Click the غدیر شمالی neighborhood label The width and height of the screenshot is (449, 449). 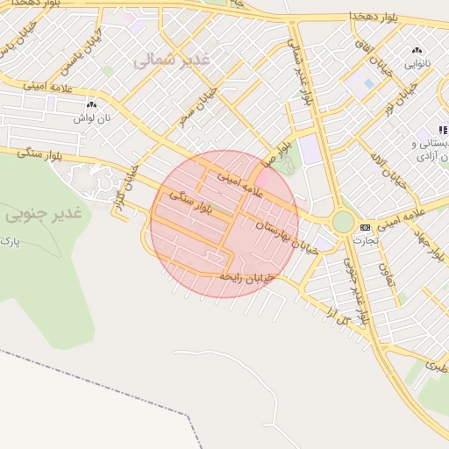pyautogui.click(x=172, y=60)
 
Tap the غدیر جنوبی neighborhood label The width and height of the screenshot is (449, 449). pyautogui.click(x=42, y=213)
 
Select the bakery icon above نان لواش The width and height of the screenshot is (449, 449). pyautogui.click(x=91, y=104)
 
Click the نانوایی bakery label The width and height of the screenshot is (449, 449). pyautogui.click(x=415, y=63)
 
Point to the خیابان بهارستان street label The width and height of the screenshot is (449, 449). pyautogui.click(x=284, y=237)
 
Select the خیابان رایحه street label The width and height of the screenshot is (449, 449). pyautogui.click(x=246, y=277)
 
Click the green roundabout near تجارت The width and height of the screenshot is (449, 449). pyautogui.click(x=343, y=222)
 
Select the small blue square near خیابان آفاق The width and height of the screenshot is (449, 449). pyautogui.click(x=369, y=83)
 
